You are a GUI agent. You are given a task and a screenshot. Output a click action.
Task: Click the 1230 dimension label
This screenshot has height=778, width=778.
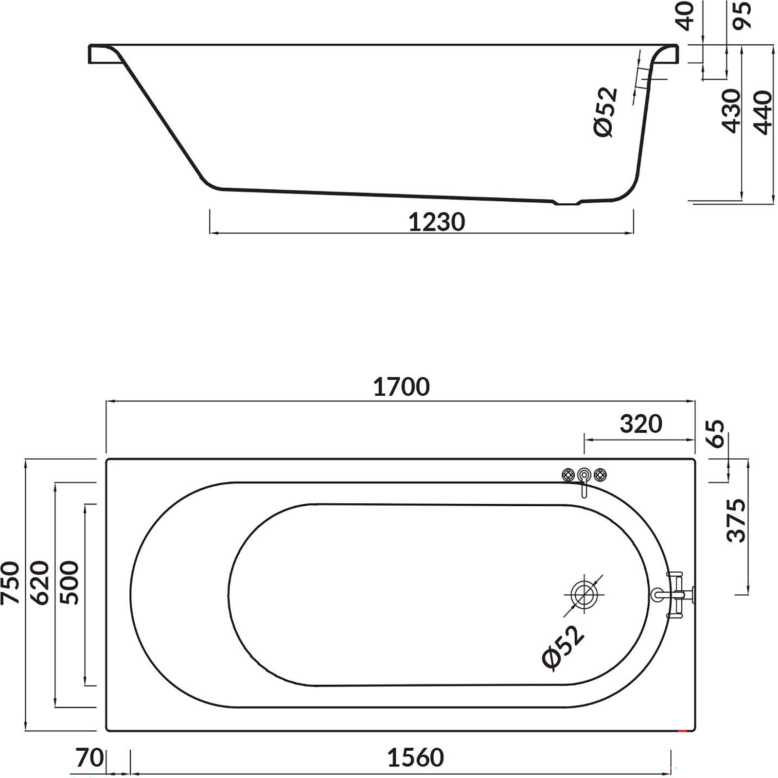coord(437,222)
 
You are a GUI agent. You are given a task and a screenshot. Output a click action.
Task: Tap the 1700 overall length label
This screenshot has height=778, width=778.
coord(401,387)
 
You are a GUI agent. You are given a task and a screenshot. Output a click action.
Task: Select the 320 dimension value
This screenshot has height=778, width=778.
coord(641,424)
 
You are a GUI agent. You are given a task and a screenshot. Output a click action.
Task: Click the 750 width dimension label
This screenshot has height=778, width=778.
coord(10,583)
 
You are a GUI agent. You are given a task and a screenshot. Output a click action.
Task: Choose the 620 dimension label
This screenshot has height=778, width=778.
coord(40,583)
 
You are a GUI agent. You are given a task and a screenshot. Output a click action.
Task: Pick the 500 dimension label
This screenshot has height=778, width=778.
coord(69,583)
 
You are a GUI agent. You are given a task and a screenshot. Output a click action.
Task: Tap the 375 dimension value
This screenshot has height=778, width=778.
coord(736,520)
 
